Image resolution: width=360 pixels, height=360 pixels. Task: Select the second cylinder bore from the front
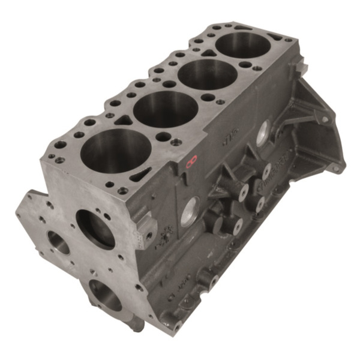click(166, 110)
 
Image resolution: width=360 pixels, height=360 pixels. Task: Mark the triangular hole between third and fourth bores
click(208, 53)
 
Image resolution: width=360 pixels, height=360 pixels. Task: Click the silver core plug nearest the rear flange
click(262, 133)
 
